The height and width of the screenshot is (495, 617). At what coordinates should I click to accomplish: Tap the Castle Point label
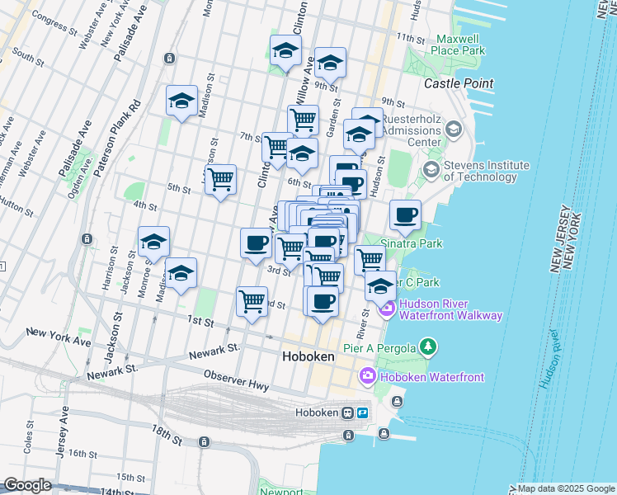click(x=458, y=83)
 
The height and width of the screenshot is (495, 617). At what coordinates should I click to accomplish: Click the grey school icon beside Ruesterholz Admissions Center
click(x=453, y=130)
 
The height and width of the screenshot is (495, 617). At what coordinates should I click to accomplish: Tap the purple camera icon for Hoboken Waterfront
click(x=368, y=376)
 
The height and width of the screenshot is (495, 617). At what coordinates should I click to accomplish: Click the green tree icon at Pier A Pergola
click(x=427, y=346)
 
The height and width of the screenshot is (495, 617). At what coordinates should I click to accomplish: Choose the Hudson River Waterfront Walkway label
click(x=450, y=309)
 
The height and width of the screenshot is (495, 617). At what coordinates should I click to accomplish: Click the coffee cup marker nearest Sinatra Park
click(x=405, y=216)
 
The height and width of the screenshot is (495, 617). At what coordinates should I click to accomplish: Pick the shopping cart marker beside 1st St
click(x=252, y=299)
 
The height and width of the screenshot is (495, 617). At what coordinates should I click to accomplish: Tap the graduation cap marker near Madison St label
click(x=181, y=101)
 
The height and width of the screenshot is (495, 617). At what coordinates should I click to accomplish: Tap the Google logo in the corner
click(x=26, y=485)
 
